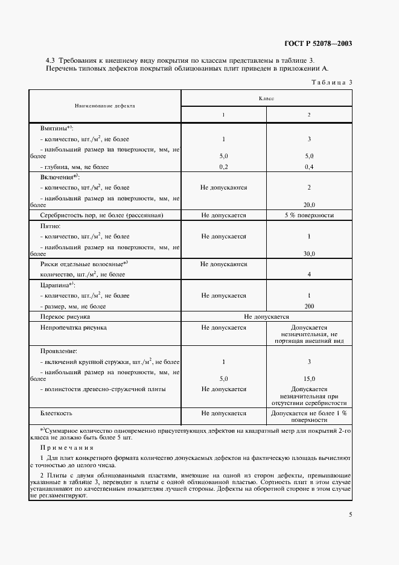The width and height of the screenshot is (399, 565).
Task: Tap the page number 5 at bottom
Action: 350,514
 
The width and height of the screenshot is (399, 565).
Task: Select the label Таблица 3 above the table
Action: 331,83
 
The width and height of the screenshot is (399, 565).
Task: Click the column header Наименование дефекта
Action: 104,105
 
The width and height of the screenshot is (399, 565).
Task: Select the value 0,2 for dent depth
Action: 223,167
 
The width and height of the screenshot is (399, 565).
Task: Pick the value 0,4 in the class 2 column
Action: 309,167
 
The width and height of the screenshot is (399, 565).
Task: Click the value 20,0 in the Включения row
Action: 309,205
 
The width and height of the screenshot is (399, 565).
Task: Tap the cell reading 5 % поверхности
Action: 309,215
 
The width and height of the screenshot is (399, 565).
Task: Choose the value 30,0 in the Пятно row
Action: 309,254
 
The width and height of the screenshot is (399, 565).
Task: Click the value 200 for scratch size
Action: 309,306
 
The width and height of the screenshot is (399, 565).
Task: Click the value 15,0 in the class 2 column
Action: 309,378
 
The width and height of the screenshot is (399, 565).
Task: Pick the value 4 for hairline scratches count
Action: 309,275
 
